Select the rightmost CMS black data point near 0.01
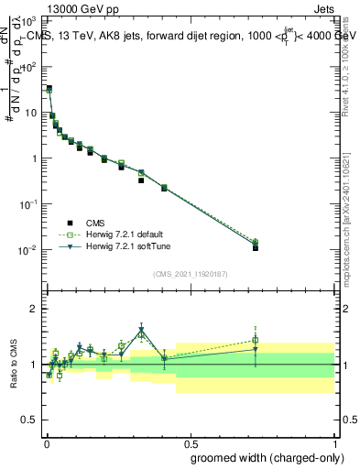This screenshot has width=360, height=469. tap(256, 248)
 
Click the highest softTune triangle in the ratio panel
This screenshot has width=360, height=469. tap(141, 331)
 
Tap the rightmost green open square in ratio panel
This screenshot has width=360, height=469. tap(256, 340)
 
